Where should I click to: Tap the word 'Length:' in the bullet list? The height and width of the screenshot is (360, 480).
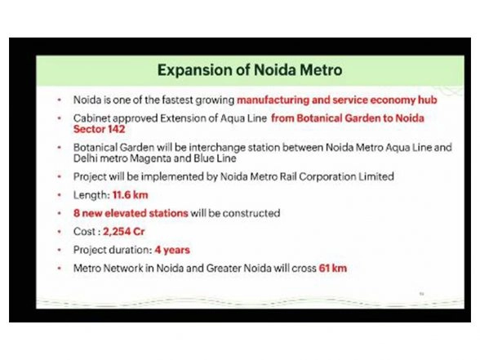(x=91, y=196)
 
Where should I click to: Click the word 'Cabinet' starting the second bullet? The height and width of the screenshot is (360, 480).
(x=92, y=118)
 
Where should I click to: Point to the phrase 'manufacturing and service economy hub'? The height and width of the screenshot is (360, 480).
(x=337, y=100)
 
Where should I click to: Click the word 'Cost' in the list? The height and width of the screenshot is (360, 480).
(x=84, y=231)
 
